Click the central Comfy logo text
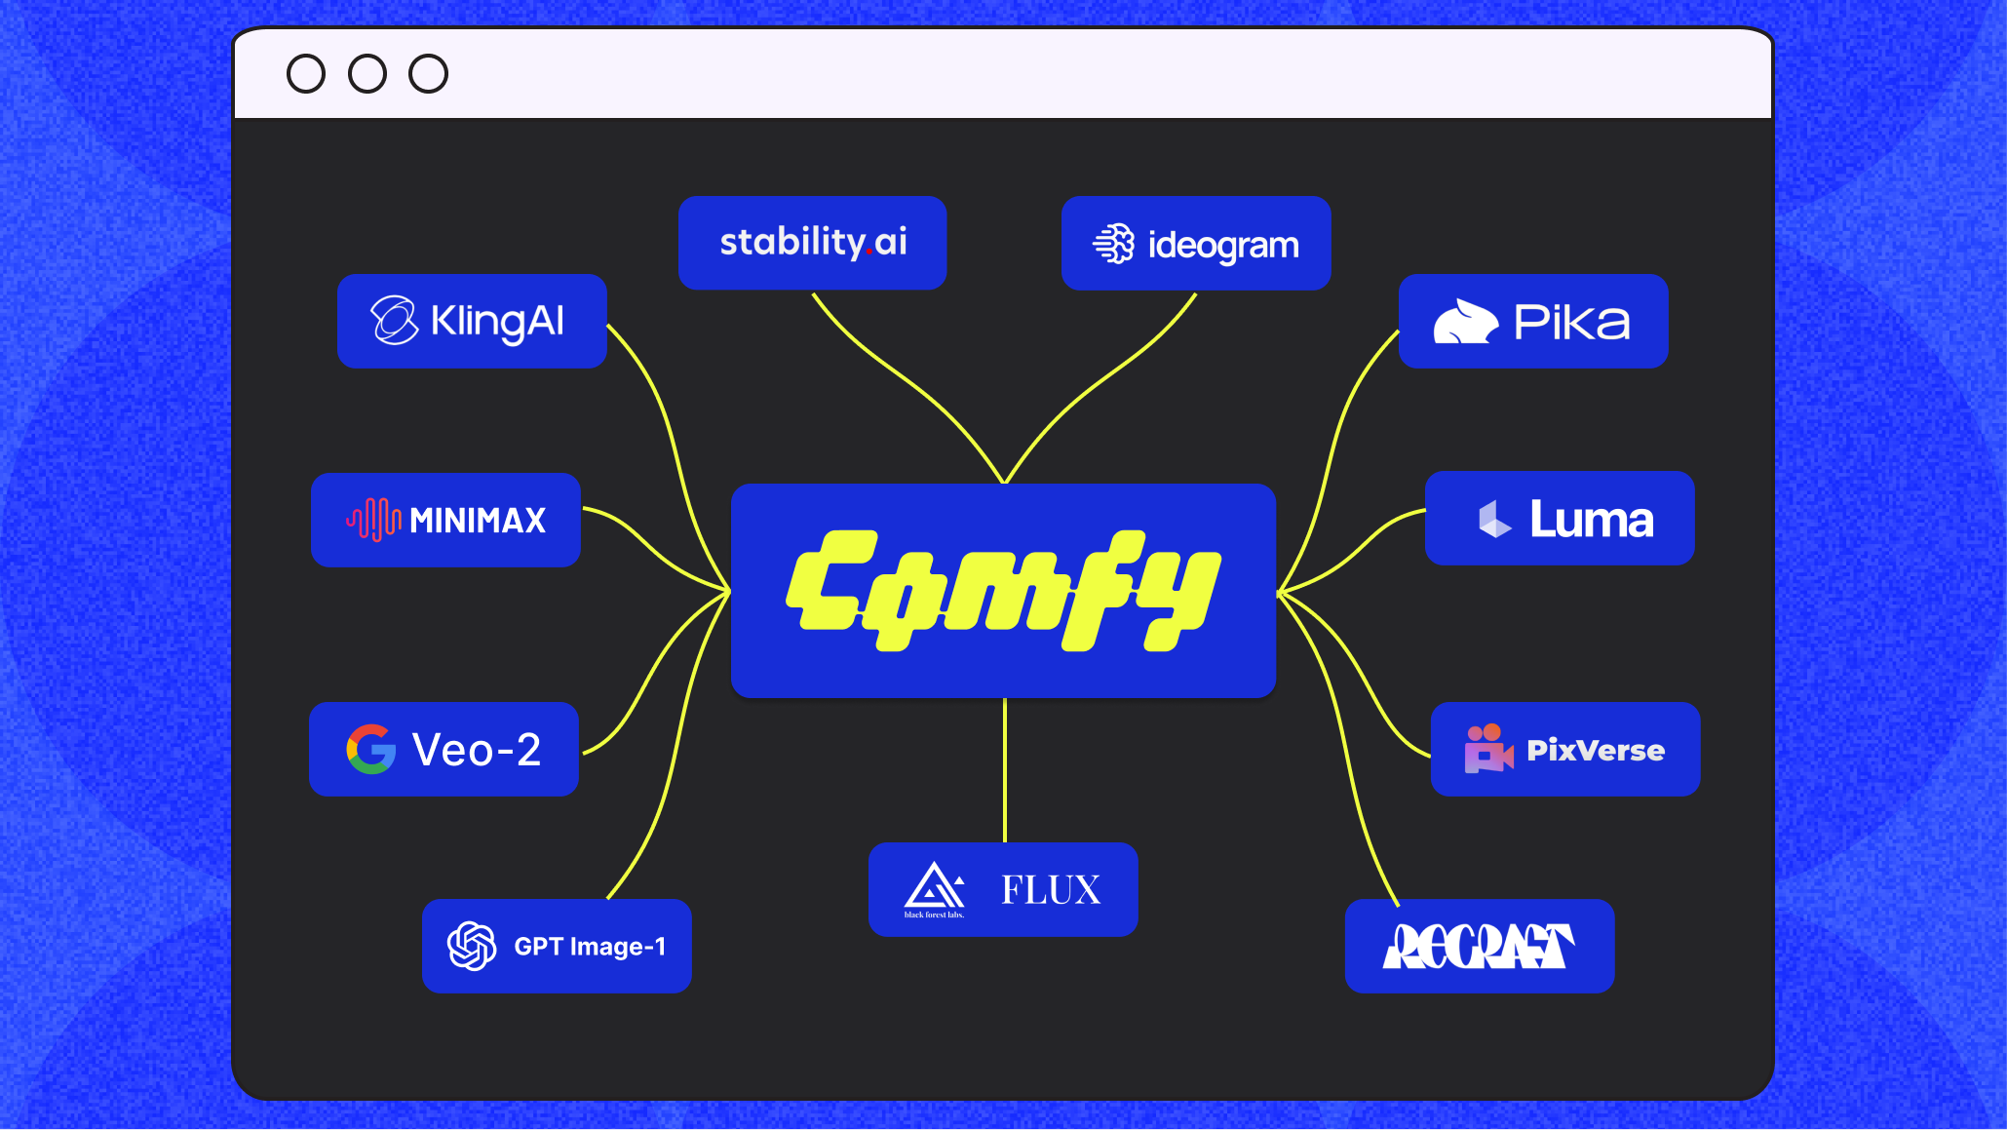click(x=1003, y=591)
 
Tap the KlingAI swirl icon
click(x=394, y=321)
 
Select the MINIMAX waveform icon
click(x=373, y=520)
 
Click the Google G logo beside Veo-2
click(x=371, y=749)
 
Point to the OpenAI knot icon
click(x=472, y=946)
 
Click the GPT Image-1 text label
click(x=590, y=946)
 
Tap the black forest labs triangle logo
click(x=934, y=886)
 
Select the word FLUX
click(x=1051, y=889)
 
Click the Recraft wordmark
click(x=1478, y=946)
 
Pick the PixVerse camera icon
click(x=1487, y=749)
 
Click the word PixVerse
click(x=1596, y=750)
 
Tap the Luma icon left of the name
click(x=1493, y=519)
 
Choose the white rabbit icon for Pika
click(x=1464, y=322)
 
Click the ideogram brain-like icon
click(x=1114, y=244)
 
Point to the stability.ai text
click(x=813, y=242)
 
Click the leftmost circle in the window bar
click(x=306, y=74)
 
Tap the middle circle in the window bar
click(x=367, y=74)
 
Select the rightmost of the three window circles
click(x=428, y=74)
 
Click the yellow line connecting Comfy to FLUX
click(x=1004, y=770)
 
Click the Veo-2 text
click(x=477, y=750)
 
